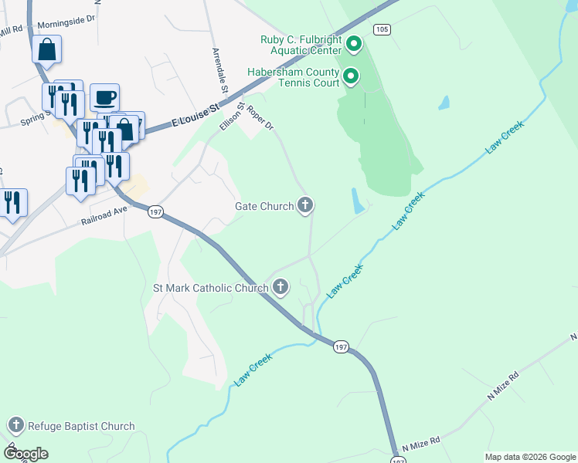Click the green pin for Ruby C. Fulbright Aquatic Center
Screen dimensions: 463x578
tap(354, 44)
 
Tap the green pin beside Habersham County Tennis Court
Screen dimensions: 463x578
tap(350, 76)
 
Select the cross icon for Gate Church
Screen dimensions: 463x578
tap(305, 205)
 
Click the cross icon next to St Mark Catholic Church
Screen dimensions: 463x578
tap(280, 289)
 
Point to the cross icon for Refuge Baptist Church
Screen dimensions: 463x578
tap(15, 425)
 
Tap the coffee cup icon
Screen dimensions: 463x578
tap(105, 98)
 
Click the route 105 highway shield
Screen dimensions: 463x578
tap(380, 29)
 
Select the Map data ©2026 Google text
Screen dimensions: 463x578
tap(530, 457)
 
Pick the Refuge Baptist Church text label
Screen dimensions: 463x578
tap(81, 426)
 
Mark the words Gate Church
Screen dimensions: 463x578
tap(264, 206)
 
